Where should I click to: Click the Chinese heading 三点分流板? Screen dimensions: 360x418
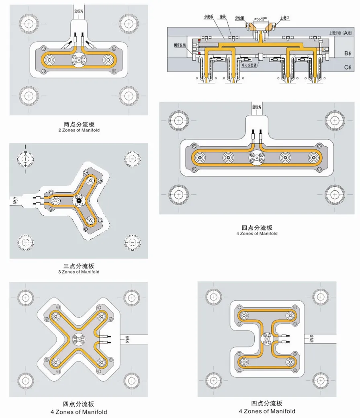(x=79, y=266)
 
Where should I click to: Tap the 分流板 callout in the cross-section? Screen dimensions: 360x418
(x=208, y=17)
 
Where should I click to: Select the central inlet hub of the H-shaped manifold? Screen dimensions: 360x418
(x=267, y=339)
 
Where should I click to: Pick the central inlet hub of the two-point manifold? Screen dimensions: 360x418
(x=78, y=61)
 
